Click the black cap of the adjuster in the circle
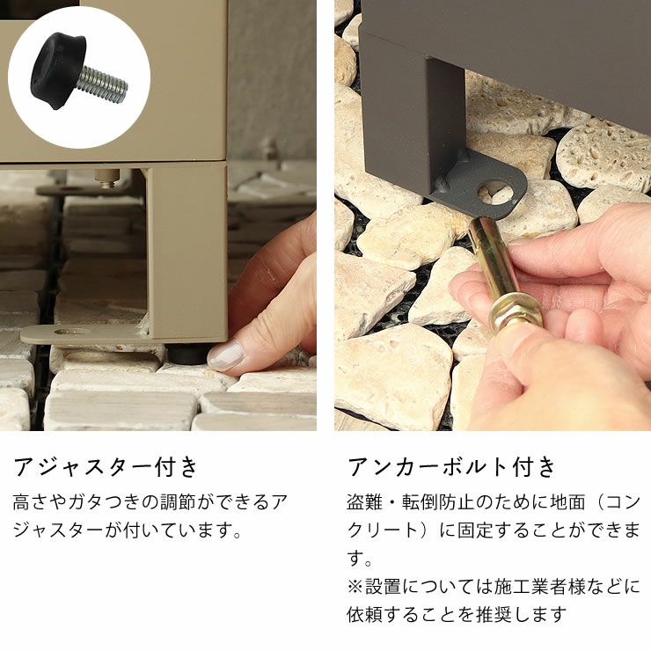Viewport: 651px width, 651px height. coord(58,71)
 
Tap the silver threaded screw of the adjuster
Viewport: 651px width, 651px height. coord(104,84)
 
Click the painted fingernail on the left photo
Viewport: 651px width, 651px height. coord(224,355)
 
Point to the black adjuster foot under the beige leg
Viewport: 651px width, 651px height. coord(187,355)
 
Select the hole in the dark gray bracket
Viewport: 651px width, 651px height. coord(495,191)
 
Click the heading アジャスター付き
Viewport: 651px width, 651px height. coord(106,466)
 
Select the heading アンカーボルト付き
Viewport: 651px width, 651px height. coord(451,466)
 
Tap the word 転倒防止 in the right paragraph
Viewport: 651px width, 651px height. coord(437,501)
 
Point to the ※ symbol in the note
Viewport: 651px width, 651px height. coord(355,587)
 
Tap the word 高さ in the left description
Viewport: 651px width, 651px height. coord(32,502)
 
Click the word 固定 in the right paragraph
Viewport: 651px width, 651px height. coord(476,530)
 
